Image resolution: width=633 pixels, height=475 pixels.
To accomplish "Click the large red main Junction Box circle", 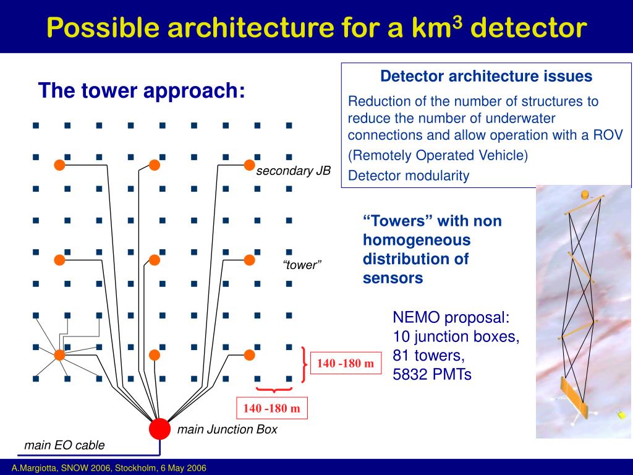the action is (159, 429).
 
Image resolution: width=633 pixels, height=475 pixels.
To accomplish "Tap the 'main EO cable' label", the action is (64, 445).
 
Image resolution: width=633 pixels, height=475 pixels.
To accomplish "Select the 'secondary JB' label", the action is (294, 171).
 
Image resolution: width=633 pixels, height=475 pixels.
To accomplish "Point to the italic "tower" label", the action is (302, 265).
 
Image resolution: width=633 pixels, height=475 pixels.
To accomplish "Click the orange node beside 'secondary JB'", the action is (249, 165).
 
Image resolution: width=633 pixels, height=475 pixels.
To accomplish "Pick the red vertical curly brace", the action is (304, 364).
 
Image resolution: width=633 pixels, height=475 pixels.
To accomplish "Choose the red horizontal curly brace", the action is (274, 390).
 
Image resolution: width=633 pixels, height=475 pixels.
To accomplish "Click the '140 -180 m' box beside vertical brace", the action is (346, 364).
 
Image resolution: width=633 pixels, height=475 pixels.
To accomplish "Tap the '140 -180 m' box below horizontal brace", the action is (271, 408).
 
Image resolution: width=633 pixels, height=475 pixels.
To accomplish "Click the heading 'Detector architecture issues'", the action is (486, 76).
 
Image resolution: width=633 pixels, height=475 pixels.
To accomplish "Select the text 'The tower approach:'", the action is (142, 91).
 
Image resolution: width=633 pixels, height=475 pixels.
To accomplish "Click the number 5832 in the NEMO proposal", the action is (412, 374).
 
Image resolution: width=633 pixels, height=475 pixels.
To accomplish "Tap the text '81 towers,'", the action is (428, 356).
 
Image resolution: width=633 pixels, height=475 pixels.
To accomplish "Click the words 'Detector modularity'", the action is (409, 176).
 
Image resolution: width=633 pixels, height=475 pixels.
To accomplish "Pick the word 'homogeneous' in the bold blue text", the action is (417, 239).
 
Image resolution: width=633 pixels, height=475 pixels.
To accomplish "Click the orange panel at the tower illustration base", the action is (572, 396).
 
